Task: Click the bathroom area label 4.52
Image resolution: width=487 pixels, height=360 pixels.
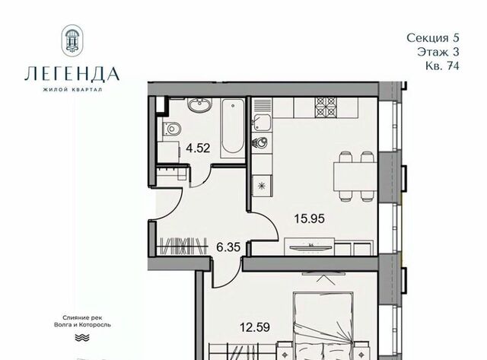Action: point(198,148)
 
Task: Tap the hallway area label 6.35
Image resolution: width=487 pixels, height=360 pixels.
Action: point(228,247)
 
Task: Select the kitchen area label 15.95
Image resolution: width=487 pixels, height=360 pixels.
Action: point(310,218)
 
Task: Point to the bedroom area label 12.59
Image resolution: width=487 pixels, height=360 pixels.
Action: point(255,327)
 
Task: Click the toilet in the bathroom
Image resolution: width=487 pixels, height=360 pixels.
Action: point(172,129)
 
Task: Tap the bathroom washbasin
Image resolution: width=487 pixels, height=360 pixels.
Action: point(199,105)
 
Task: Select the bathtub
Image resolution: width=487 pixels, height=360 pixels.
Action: point(233,129)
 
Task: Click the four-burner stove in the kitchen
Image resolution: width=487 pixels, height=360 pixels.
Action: point(325,107)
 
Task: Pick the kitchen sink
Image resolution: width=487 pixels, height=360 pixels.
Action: point(261,123)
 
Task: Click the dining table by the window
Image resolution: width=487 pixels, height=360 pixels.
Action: point(355,177)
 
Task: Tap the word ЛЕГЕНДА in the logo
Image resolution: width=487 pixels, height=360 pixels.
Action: point(72,75)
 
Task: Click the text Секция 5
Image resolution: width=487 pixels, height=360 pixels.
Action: point(433,38)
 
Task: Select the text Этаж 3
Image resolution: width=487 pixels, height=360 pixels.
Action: point(438,52)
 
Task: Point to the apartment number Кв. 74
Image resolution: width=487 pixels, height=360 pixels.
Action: point(442,66)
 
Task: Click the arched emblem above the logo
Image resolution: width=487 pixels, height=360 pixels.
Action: point(72,40)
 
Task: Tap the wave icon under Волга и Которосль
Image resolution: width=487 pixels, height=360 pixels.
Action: point(82,337)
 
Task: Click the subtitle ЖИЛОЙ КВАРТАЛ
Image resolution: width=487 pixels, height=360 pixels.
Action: point(72,90)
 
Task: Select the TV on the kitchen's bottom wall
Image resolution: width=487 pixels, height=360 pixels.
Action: point(310,247)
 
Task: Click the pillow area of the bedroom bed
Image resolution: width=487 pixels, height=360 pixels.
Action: point(322,351)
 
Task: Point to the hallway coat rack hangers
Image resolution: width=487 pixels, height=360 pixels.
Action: point(183,247)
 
